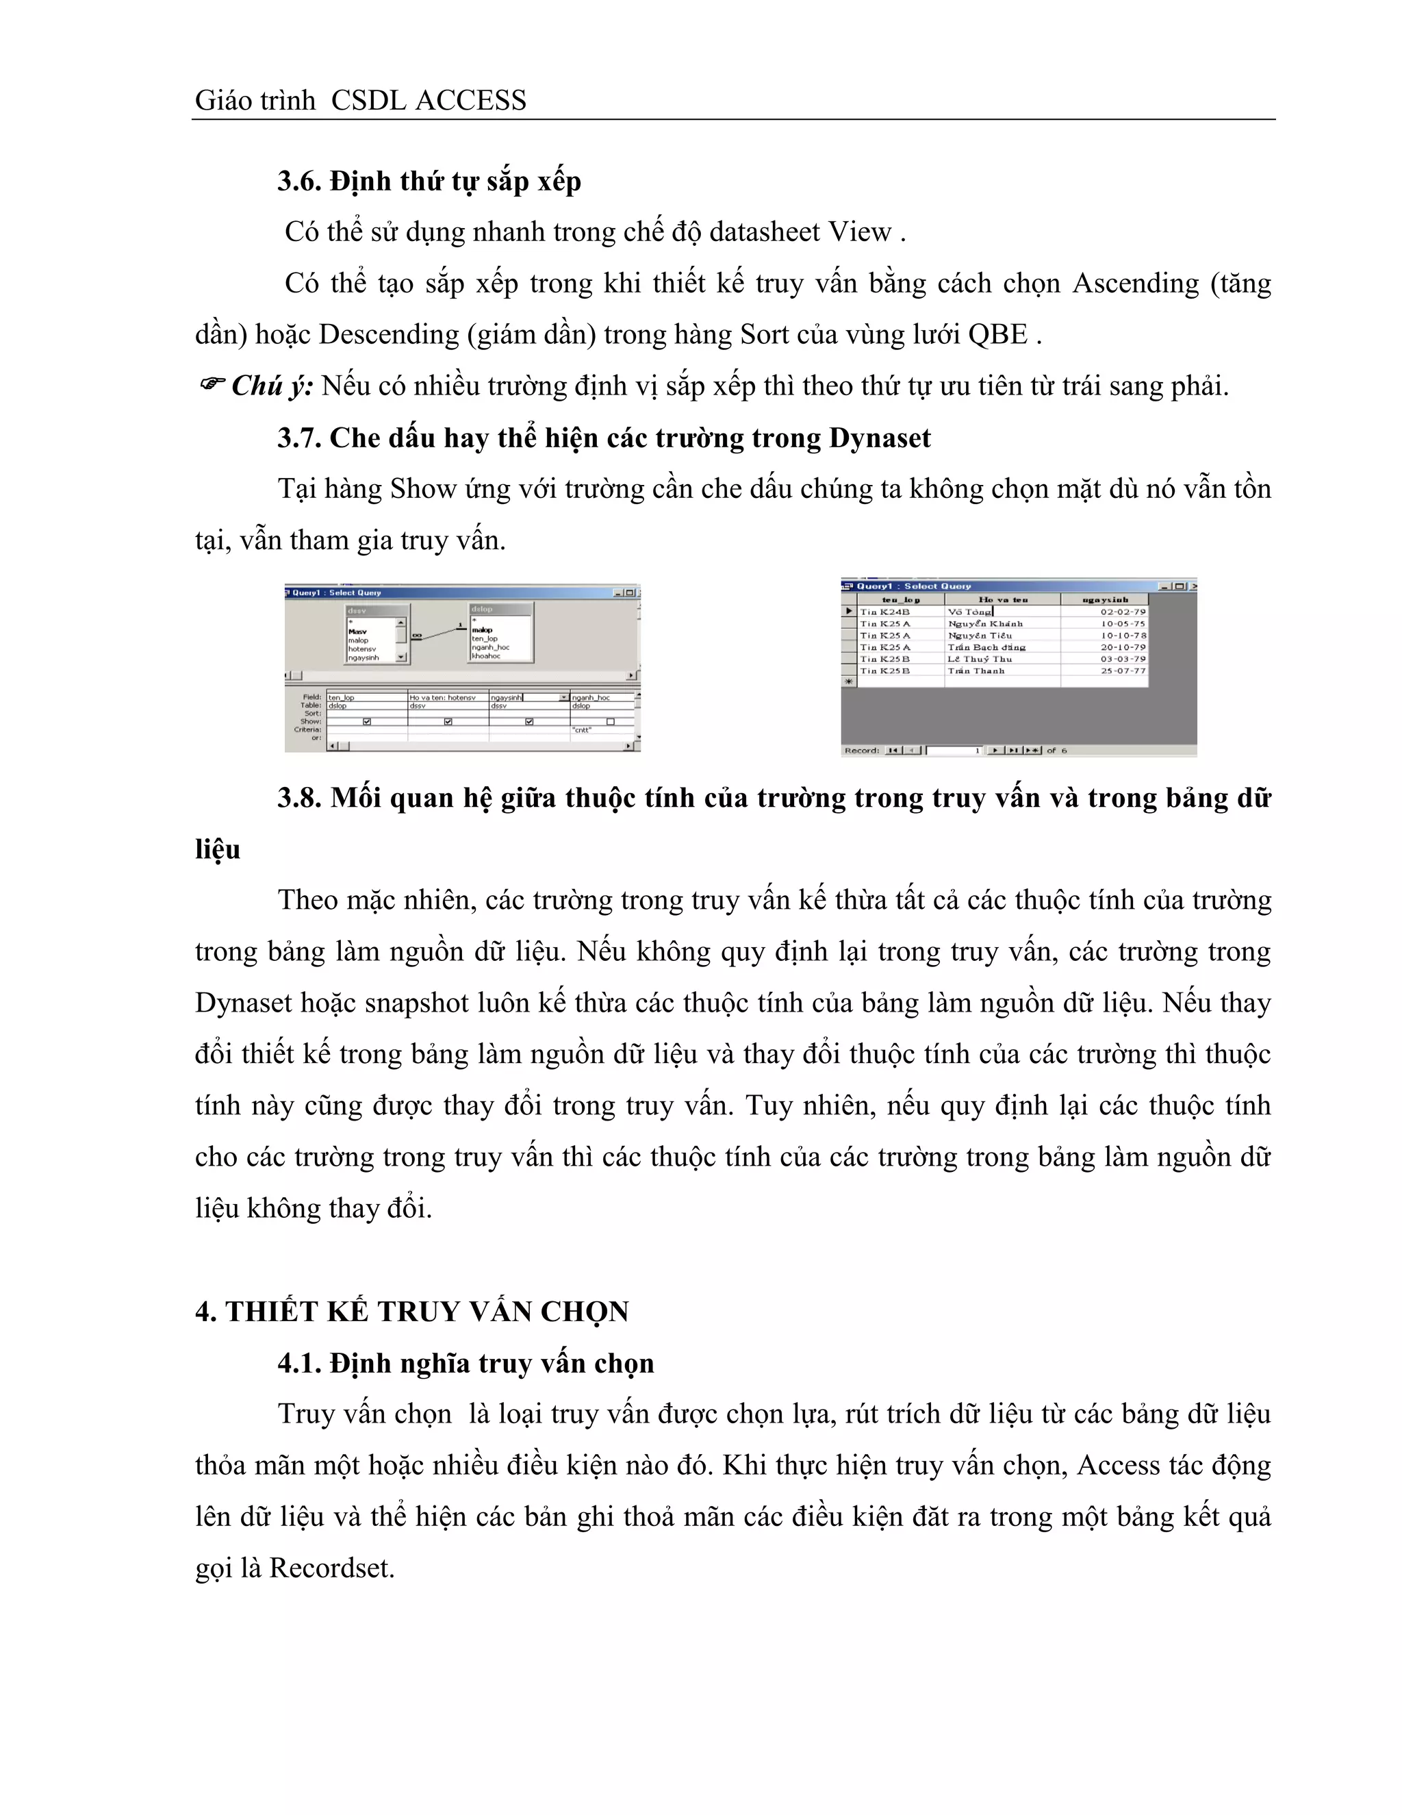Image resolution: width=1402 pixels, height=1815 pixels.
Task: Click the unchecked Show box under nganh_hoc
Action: pos(610,721)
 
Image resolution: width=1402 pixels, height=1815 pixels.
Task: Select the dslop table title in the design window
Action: pos(482,609)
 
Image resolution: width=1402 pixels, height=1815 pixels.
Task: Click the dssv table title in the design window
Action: pos(357,611)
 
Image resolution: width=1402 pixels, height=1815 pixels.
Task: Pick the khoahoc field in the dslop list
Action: pos(486,655)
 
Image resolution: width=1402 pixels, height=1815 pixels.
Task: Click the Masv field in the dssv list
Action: pos(358,631)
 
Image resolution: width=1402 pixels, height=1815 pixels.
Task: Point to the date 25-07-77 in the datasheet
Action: pos(1123,671)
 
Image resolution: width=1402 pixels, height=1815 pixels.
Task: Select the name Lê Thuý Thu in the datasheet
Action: pos(980,659)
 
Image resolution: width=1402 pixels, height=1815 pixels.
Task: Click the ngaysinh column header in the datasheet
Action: pos(1105,599)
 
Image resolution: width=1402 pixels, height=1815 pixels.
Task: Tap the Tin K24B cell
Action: pos(885,612)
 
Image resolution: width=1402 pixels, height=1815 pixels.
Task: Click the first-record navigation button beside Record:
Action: pos(893,751)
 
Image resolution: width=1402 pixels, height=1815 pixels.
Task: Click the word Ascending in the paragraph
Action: pos(1136,284)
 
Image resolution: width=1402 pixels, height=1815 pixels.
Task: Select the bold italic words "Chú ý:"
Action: pos(272,386)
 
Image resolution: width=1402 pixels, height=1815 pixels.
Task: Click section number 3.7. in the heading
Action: pos(299,438)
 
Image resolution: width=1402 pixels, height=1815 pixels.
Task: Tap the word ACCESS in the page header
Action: pos(470,101)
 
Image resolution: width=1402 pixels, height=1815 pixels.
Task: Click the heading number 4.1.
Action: pos(299,1363)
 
